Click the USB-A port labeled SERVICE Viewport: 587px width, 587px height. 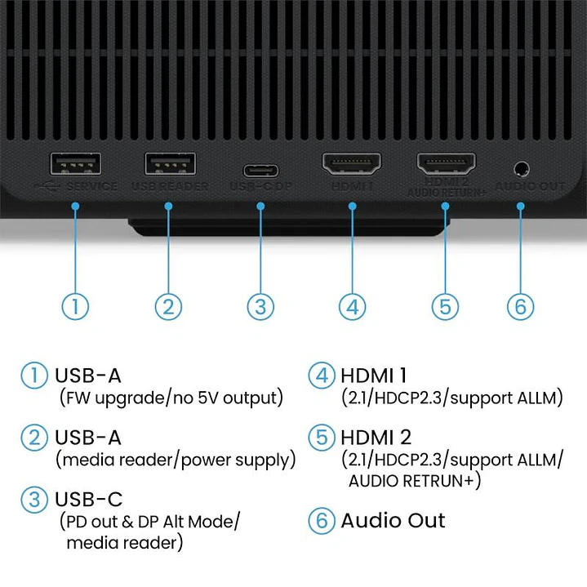[75, 164]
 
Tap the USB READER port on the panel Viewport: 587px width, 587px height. [168, 164]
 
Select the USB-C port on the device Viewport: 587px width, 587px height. [260, 171]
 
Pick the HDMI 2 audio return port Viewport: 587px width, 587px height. [446, 166]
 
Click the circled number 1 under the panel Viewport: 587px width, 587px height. [75, 307]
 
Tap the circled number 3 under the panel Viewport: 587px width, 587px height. [260, 307]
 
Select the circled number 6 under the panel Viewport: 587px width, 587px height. [520, 307]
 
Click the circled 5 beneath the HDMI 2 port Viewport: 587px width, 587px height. [444, 307]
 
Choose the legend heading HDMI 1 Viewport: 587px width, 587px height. [373, 376]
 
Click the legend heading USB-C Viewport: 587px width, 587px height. [88, 499]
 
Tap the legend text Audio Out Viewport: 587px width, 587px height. [393, 521]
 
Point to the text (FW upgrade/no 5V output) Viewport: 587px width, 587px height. [171, 398]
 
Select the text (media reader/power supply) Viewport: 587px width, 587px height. [176, 460]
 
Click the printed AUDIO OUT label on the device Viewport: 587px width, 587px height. [530, 186]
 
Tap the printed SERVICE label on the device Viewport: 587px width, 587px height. [91, 186]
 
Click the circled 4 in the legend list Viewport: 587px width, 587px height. [321, 376]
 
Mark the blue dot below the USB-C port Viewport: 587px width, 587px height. [260, 207]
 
